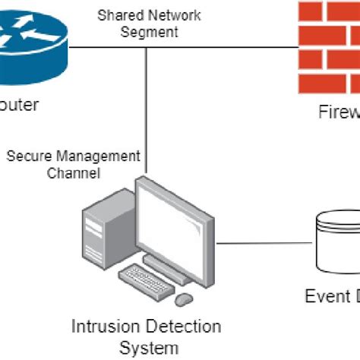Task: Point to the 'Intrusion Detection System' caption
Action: point(147,336)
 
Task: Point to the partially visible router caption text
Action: point(18,106)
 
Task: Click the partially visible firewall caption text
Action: point(339,112)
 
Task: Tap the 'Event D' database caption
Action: point(332,296)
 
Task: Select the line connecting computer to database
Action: point(270,245)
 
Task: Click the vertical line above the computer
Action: point(147,114)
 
